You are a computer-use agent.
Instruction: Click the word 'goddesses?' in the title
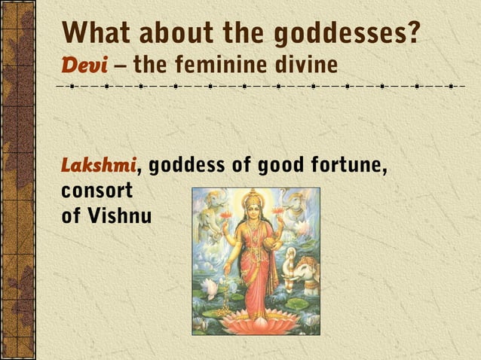pyautogui.click(x=346, y=33)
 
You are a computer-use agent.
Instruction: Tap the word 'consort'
pyautogui.click(x=97, y=190)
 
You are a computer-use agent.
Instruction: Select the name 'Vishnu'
pyautogui.click(x=120, y=216)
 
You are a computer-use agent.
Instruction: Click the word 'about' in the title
pyautogui.click(x=184, y=33)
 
